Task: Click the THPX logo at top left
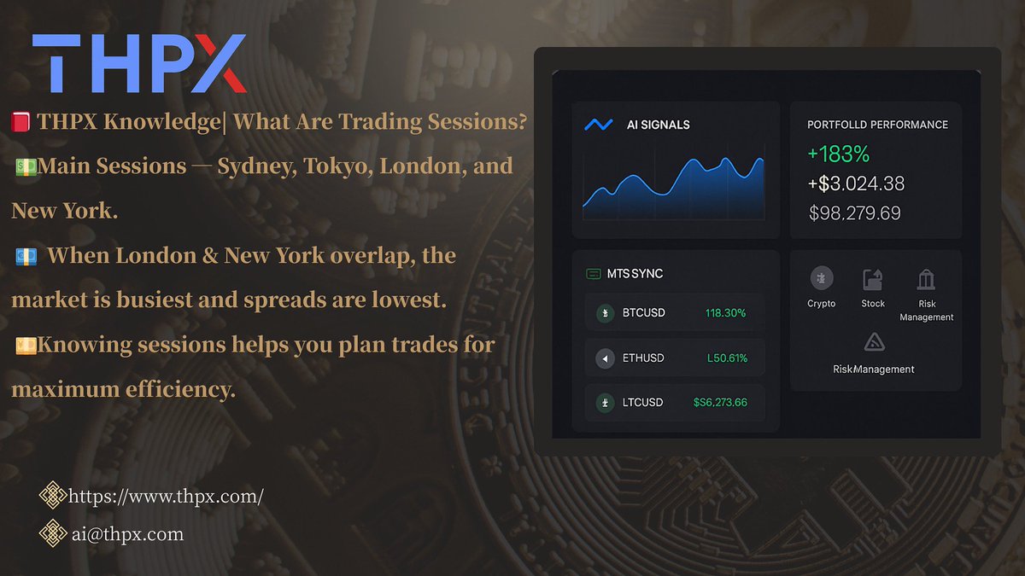pyautogui.click(x=139, y=63)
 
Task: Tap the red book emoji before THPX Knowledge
pyautogui.click(x=21, y=123)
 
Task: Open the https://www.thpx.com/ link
pyautogui.click(x=165, y=496)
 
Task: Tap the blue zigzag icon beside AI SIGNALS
pyautogui.click(x=598, y=125)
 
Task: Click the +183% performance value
pyautogui.click(x=838, y=154)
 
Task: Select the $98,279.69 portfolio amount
pyautogui.click(x=854, y=212)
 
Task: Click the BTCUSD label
pyautogui.click(x=643, y=313)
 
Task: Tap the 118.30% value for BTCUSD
pyautogui.click(x=725, y=313)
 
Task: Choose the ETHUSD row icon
pyautogui.click(x=605, y=358)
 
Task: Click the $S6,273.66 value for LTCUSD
pyautogui.click(x=720, y=402)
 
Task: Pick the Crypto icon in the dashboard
pyautogui.click(x=821, y=279)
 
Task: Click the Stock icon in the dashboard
pyautogui.click(x=873, y=279)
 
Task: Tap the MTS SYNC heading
pyautogui.click(x=635, y=274)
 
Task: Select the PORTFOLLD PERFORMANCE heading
pyautogui.click(x=877, y=125)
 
